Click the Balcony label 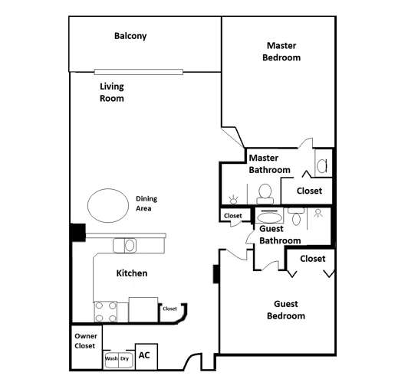tap(130, 36)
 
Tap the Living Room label tap(112, 93)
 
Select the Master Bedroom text tap(281, 52)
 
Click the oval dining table tap(108, 205)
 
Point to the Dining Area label tap(146, 203)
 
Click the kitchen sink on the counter tap(124, 245)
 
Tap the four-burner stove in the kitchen tap(105, 311)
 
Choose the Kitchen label tap(131, 273)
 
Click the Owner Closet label tap(85, 341)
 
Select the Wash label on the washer tap(111, 358)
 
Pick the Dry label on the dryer tap(124, 358)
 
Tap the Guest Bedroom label tap(286, 309)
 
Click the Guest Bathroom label tap(280, 234)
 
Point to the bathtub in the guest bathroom tap(269, 217)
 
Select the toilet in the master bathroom tap(266, 191)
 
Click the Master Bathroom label tap(269, 164)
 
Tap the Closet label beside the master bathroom tap(309, 191)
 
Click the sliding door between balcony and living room tap(139, 72)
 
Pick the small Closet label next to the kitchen tap(169, 309)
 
